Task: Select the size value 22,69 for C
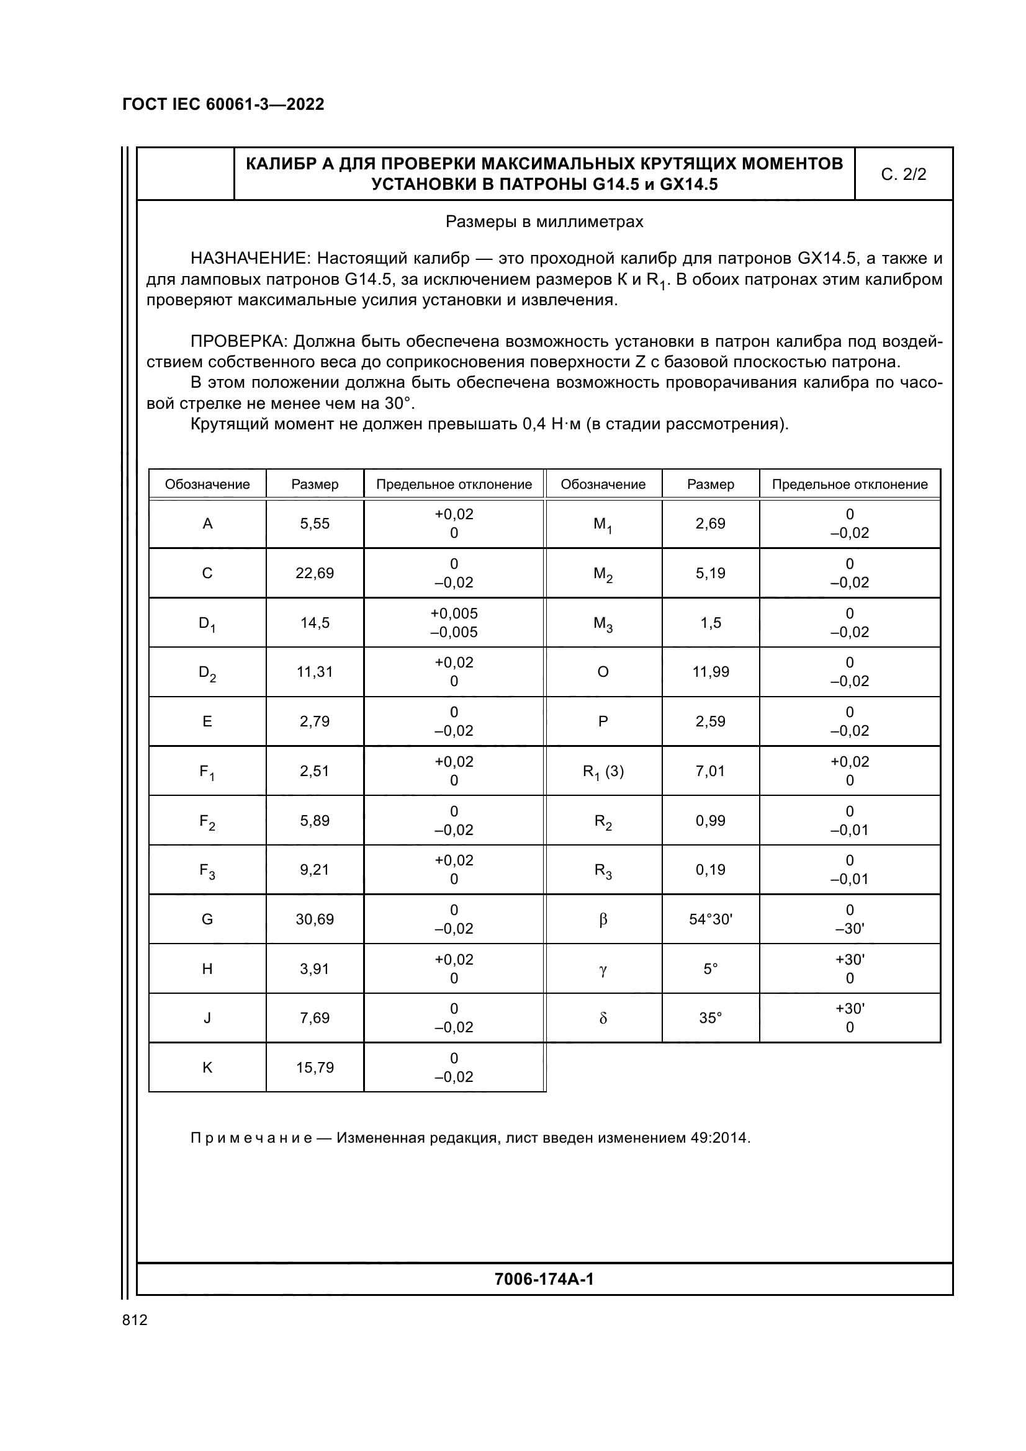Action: click(315, 573)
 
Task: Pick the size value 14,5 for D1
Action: click(315, 622)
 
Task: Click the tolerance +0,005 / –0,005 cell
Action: click(454, 622)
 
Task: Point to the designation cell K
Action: click(207, 1068)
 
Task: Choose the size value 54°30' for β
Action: click(711, 919)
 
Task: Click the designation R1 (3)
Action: click(603, 772)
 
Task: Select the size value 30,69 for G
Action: click(315, 919)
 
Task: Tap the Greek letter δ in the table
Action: click(603, 1018)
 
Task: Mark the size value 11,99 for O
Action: click(711, 672)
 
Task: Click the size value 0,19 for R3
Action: click(711, 870)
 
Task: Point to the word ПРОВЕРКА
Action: click(239, 342)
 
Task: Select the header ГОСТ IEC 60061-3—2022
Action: click(223, 104)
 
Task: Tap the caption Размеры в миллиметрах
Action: click(544, 222)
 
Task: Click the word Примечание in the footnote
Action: click(251, 1138)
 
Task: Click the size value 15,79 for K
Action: click(315, 1068)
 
